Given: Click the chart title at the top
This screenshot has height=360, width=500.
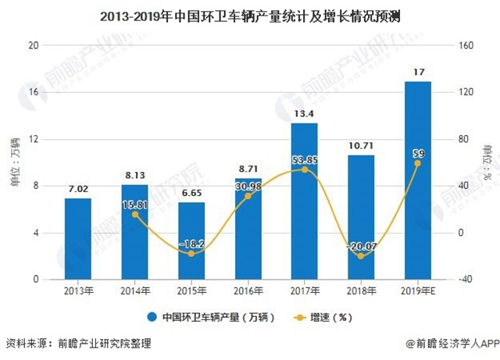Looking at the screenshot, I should (249, 15).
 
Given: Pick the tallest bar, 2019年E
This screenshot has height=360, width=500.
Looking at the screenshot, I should (417, 180).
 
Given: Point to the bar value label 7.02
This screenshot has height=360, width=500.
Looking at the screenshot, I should (77, 189).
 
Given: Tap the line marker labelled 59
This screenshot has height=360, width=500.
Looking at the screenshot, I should (417, 163).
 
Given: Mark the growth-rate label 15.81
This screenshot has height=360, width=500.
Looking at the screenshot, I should (134, 205).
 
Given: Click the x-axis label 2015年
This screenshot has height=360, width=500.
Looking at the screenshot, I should (191, 290).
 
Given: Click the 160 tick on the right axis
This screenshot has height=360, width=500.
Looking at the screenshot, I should (467, 45).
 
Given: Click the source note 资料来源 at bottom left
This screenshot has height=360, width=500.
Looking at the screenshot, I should (78, 344).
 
